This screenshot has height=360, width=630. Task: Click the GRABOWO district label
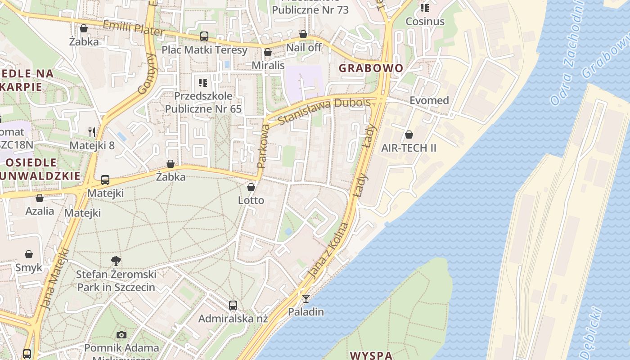pyautogui.click(x=371, y=68)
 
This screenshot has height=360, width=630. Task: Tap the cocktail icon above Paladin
pyautogui.click(x=306, y=298)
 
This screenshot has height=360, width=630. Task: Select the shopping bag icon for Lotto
pyautogui.click(x=251, y=187)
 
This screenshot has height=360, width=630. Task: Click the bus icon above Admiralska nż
pyautogui.click(x=233, y=306)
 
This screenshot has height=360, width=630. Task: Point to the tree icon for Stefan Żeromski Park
pyautogui.click(x=116, y=261)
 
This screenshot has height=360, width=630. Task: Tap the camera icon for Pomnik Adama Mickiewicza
pyautogui.click(x=121, y=335)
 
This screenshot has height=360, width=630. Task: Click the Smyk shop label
pyautogui.click(x=29, y=267)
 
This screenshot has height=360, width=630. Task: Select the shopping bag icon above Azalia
pyautogui.click(x=40, y=198)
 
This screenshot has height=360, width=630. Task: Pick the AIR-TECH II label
pyautogui.click(x=409, y=148)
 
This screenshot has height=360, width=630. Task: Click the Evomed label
pyautogui.click(x=429, y=100)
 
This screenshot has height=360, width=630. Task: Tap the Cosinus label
pyautogui.click(x=425, y=21)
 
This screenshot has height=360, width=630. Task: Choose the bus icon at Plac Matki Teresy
pyautogui.click(x=204, y=36)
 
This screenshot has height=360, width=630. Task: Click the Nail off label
pyautogui.click(x=304, y=47)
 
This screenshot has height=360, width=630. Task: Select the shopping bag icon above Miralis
pyautogui.click(x=268, y=53)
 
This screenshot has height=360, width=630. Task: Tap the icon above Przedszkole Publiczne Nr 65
pyautogui.click(x=203, y=83)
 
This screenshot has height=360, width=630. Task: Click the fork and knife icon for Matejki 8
pyautogui.click(x=92, y=132)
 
